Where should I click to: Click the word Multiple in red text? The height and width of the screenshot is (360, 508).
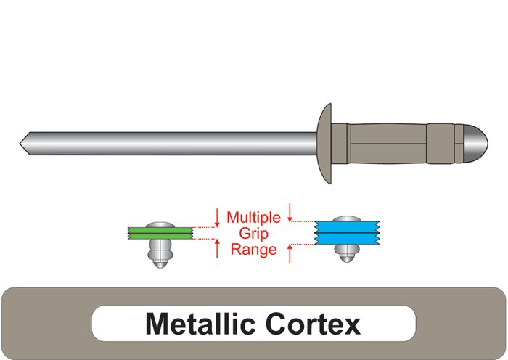click(x=253, y=217)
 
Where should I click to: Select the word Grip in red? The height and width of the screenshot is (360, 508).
click(x=253, y=233)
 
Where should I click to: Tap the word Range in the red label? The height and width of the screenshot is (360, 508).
click(x=253, y=250)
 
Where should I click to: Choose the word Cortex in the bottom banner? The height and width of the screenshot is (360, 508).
click(x=316, y=323)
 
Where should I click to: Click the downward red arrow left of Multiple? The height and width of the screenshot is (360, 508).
click(x=217, y=216)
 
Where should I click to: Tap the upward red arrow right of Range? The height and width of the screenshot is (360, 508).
click(x=290, y=253)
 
